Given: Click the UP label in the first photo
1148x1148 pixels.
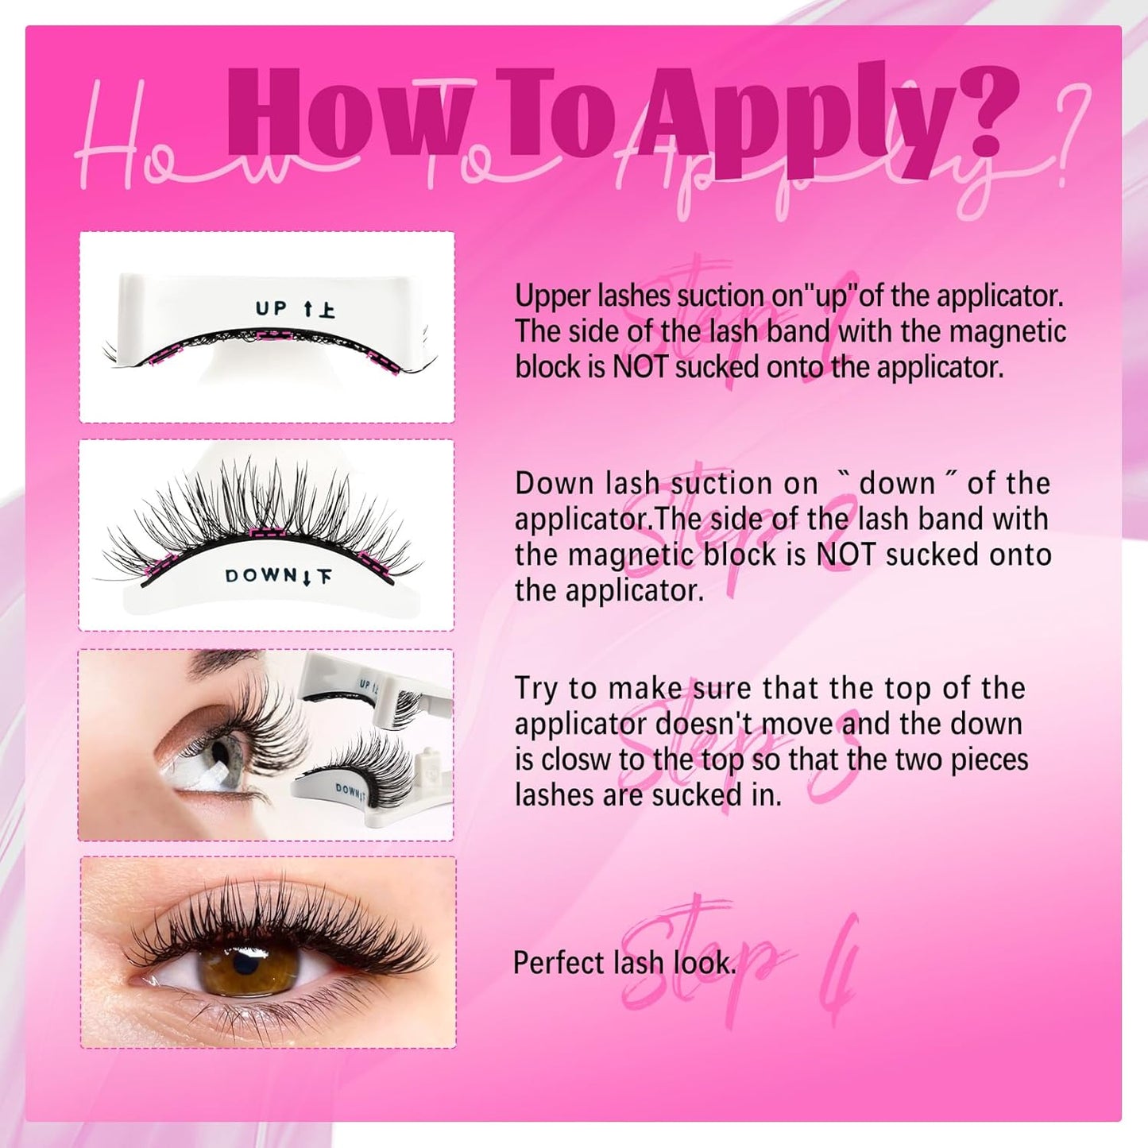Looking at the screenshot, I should (x=272, y=308).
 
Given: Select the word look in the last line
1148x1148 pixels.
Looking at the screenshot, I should (x=702, y=963).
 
